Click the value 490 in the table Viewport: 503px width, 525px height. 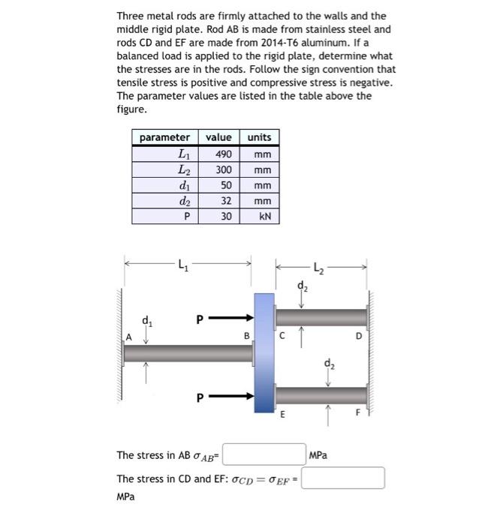tap(222, 154)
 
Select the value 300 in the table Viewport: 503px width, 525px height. tap(222, 169)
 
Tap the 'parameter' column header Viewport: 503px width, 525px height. tap(164, 137)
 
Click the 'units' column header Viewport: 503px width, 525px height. tap(258, 137)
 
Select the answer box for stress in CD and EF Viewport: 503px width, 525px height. tap(343, 478)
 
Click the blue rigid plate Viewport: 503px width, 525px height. tap(264, 352)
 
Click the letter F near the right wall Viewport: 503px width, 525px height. tap(358, 413)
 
